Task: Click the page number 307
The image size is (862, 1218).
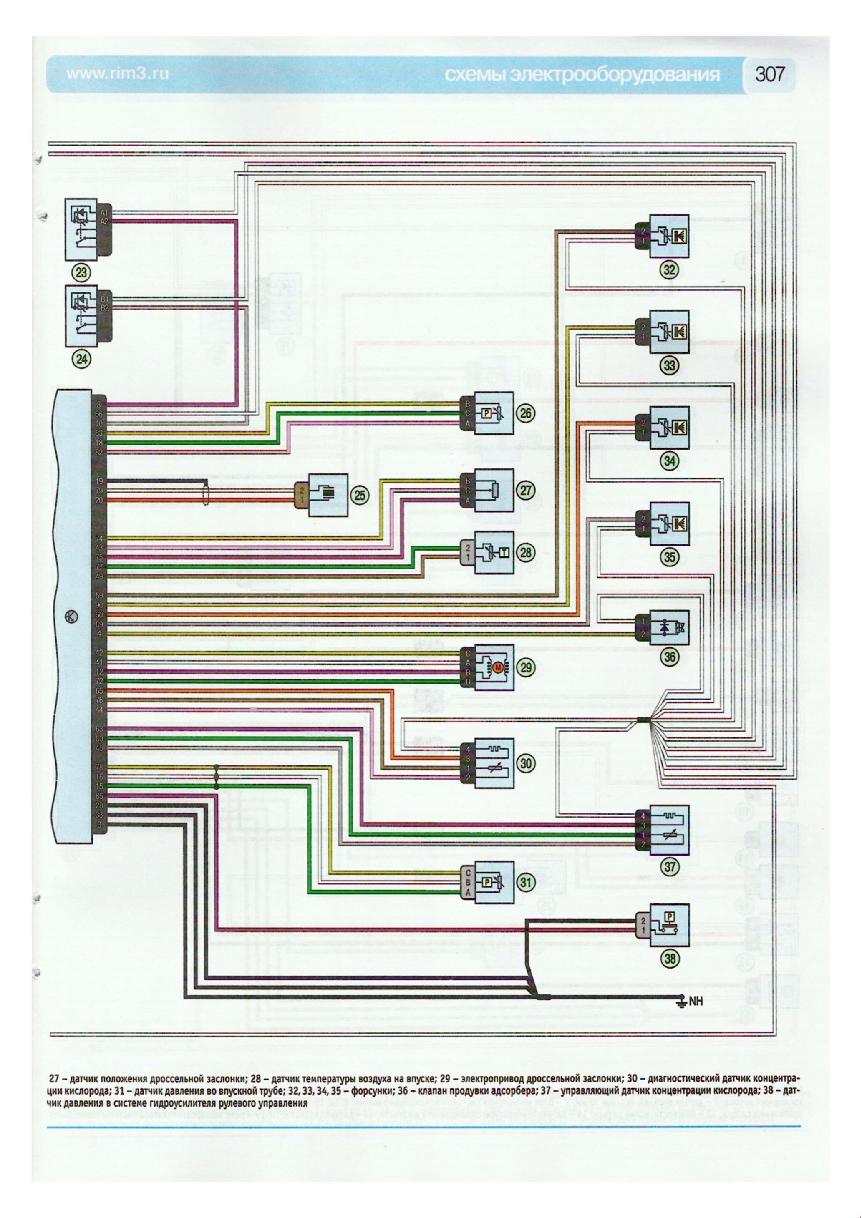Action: coord(770,74)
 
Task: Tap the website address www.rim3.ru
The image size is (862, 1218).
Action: coord(117,74)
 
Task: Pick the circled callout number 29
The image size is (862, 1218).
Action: coord(527,667)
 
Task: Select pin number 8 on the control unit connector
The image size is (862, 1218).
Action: coord(98,405)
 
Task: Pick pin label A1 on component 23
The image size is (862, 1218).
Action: coord(103,213)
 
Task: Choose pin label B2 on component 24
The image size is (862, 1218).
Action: coord(103,307)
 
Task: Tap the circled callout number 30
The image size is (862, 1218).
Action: coord(527,763)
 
